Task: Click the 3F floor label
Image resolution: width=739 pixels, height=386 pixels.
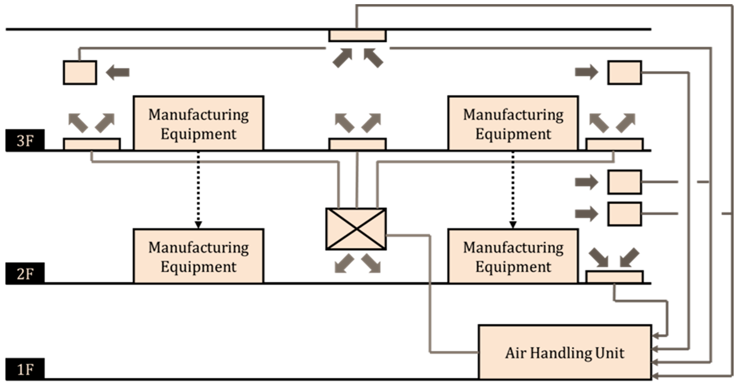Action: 25,141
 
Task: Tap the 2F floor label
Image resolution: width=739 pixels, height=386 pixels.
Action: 25,274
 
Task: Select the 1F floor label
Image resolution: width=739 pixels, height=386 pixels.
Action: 25,369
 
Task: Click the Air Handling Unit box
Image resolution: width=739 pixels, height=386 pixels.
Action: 565,352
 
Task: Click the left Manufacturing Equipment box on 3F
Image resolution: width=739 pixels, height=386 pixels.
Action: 198,123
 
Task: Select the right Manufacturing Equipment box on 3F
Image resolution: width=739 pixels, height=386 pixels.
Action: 513,123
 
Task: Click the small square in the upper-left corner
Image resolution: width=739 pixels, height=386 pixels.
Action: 80,73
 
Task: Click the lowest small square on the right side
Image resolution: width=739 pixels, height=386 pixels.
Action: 625,214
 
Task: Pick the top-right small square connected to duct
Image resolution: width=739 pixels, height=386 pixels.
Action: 625,73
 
